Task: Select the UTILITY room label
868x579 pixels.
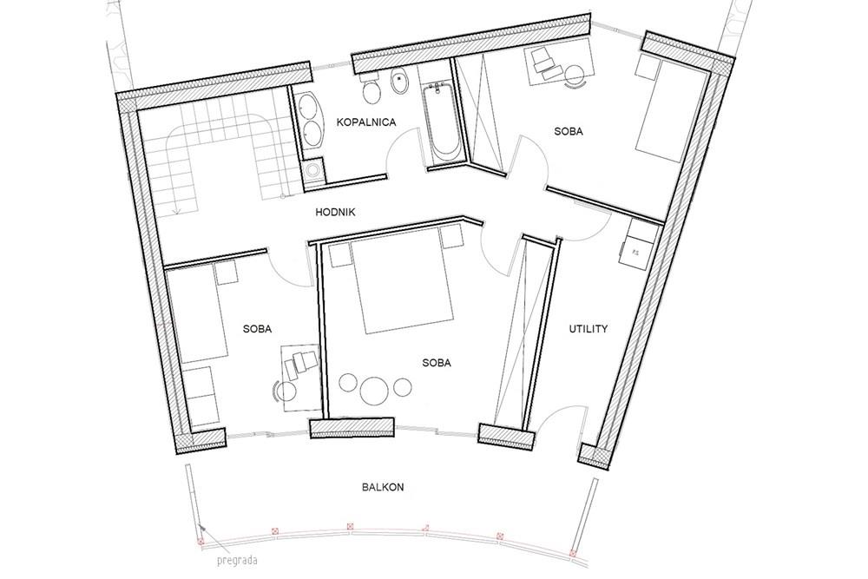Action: coord(588,329)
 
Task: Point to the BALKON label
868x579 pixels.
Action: coord(382,488)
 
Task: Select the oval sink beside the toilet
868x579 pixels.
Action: coord(400,83)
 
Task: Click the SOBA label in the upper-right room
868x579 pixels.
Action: coord(568,132)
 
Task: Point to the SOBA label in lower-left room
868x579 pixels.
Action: coord(258,329)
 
